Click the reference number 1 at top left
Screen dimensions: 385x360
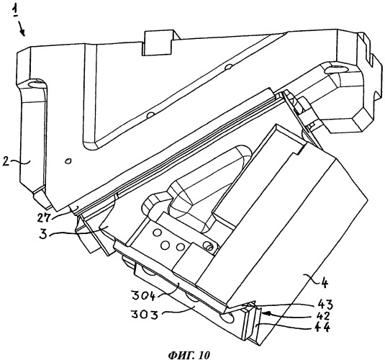pos(16,10)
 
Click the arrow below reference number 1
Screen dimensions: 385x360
pos(22,29)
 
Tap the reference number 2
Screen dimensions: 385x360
pos(6,162)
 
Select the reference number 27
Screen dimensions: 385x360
pos(44,217)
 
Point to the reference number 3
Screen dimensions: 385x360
pos(42,234)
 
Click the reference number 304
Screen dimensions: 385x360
pos(144,295)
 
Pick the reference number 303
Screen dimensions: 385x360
pos(145,314)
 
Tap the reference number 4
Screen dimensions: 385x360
pos(324,283)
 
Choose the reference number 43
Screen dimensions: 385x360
pos(325,305)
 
